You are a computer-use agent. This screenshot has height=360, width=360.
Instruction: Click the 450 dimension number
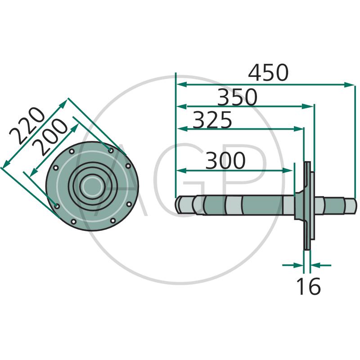(x=268, y=73)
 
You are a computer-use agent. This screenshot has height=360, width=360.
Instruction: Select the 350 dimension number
(x=237, y=97)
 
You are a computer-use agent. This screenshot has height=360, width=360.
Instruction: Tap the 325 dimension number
(x=212, y=120)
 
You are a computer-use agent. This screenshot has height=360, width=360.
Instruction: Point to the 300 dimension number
(x=225, y=160)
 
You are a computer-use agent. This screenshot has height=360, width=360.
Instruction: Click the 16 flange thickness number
(x=308, y=286)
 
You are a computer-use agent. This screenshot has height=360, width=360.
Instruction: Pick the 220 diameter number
(x=27, y=125)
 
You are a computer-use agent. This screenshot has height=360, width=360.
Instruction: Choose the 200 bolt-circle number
(x=50, y=137)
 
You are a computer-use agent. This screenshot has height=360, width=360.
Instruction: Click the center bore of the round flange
(x=92, y=186)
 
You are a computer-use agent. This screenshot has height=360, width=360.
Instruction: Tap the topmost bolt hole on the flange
(x=111, y=151)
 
